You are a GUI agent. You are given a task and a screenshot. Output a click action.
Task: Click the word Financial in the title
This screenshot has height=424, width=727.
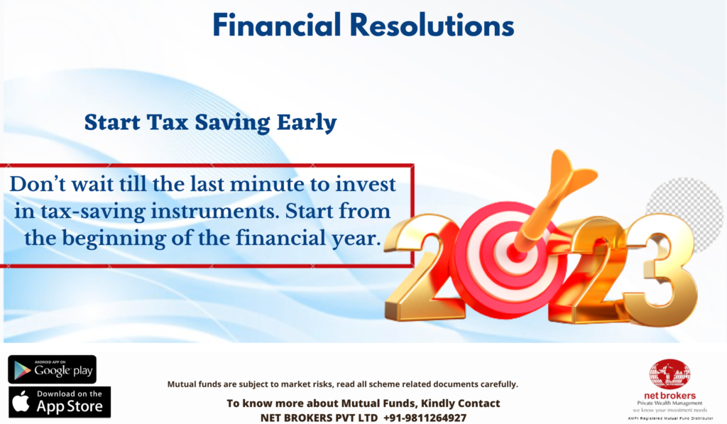tap(277, 25)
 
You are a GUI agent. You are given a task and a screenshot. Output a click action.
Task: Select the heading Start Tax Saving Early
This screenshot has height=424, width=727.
tap(210, 123)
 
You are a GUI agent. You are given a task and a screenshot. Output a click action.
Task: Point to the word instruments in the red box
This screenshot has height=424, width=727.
tap(215, 212)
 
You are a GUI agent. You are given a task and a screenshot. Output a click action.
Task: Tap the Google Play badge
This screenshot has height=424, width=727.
tap(52, 369)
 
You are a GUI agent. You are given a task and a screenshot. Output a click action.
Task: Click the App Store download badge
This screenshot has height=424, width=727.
tap(60, 402)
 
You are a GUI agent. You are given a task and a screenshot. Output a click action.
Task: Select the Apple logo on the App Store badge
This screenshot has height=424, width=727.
tap(21, 401)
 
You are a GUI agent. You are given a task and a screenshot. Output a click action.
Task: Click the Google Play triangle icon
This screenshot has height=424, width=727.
tap(22, 370)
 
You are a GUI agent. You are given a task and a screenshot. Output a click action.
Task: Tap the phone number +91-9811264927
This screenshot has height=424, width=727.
tap(425, 418)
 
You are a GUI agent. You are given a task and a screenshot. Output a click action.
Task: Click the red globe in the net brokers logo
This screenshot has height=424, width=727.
tap(669, 374)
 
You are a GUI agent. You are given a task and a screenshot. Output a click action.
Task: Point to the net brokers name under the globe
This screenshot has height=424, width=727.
tap(669, 396)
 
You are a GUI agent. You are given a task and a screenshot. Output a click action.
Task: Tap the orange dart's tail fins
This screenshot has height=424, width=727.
tap(572, 172)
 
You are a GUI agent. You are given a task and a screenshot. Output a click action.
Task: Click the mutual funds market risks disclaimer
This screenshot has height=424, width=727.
tap(343, 384)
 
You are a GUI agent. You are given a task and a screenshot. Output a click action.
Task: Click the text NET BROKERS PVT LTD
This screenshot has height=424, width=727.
tap(319, 418)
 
